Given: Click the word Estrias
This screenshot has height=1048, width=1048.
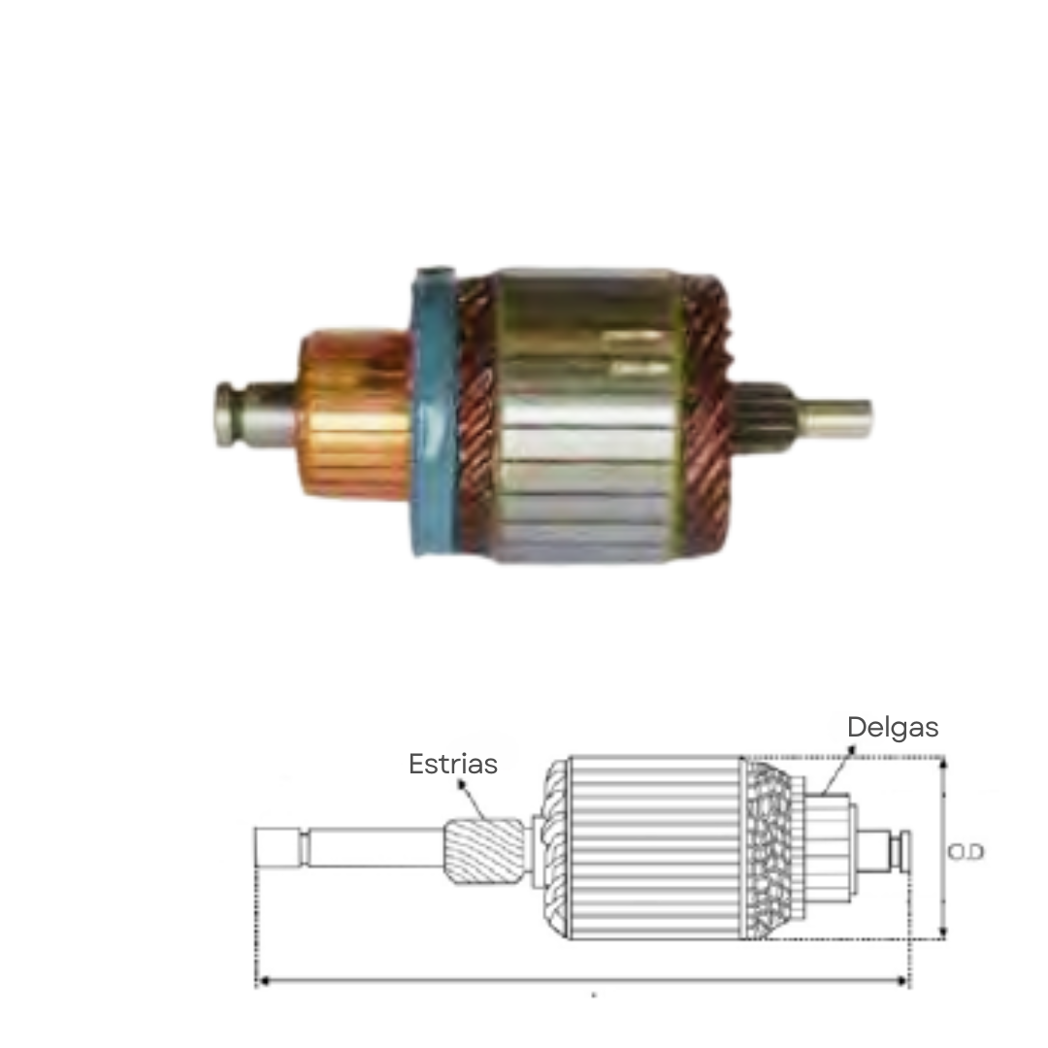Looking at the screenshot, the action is coord(452,764).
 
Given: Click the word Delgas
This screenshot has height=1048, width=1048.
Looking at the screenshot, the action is coord(893,727).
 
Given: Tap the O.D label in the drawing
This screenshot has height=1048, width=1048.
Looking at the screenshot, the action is coord(966,852).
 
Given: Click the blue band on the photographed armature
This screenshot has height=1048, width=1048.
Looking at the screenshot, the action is coord(435,411).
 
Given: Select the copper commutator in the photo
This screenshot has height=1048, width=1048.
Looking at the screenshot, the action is coord(354,415).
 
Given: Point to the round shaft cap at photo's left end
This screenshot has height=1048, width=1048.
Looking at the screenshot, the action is coord(226,414).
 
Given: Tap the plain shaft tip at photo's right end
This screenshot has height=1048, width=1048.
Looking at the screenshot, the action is coord(836,417).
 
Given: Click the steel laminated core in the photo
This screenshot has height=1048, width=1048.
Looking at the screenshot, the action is coord(589,415).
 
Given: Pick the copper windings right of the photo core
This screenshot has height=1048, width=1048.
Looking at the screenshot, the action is coord(707,414).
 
